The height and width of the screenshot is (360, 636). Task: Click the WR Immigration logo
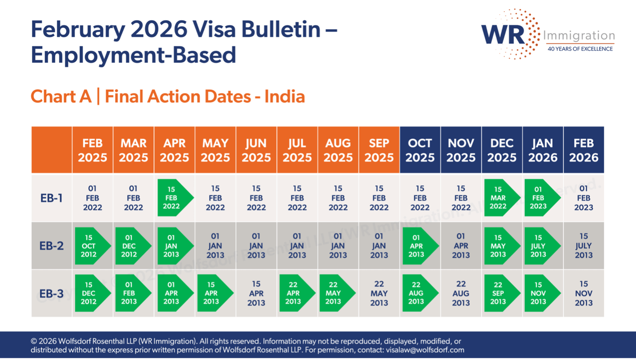(x=547, y=34)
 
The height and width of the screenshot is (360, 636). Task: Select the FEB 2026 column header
(x=584, y=150)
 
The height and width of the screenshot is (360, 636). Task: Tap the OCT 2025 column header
(x=420, y=150)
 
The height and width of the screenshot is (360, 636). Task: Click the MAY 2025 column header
(x=215, y=150)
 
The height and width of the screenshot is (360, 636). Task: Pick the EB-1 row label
(x=52, y=198)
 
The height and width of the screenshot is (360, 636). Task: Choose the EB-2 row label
(x=52, y=246)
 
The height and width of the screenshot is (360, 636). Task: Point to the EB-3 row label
(x=52, y=293)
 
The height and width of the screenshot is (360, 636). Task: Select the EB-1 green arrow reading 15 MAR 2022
(x=500, y=198)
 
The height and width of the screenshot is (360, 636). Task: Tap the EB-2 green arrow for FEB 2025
(x=91, y=246)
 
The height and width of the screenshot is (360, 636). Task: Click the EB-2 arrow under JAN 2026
(x=540, y=246)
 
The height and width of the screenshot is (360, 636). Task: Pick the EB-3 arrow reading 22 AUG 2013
(x=418, y=293)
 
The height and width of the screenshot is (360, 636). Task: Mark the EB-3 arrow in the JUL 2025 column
(x=295, y=293)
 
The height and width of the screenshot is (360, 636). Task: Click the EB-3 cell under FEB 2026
(x=584, y=293)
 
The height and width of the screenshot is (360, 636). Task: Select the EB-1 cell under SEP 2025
(x=379, y=198)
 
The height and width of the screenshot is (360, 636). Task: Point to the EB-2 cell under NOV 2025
(x=461, y=246)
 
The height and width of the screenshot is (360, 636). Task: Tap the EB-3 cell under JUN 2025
(x=256, y=293)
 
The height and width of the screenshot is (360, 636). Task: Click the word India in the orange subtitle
(x=285, y=97)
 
